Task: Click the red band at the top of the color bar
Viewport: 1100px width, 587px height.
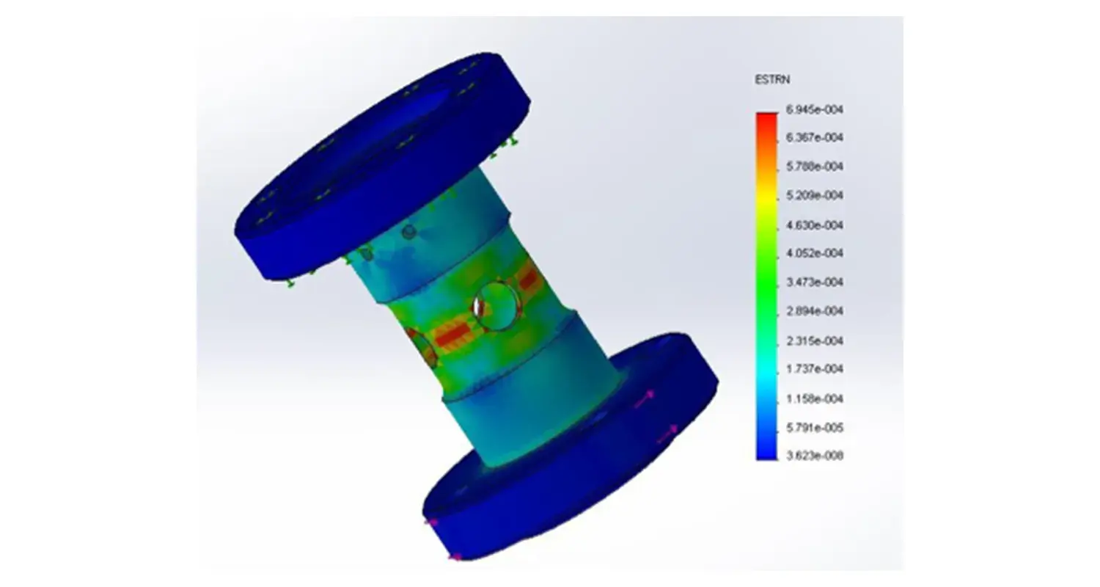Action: (766, 117)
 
